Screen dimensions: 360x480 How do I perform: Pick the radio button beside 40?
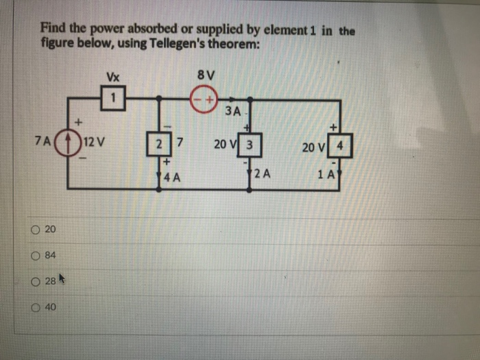[x=34, y=308]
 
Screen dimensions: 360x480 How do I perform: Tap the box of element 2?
[x=160, y=144]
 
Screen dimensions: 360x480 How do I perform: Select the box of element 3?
[x=250, y=145]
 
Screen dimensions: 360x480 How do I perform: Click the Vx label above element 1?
[x=113, y=76]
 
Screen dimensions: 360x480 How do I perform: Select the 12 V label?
[x=91, y=145]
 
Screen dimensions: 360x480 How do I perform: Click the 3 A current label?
[x=234, y=110]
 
